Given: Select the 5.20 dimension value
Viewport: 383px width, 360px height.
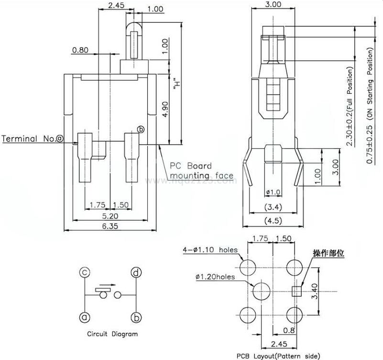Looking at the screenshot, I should pyautogui.click(x=109, y=216).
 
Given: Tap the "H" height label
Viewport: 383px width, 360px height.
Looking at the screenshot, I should pyautogui.click(x=178, y=84).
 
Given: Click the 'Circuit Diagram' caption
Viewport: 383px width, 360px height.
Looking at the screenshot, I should pyautogui.click(x=112, y=334).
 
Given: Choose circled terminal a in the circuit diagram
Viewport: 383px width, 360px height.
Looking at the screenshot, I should pyautogui.click(x=85, y=317).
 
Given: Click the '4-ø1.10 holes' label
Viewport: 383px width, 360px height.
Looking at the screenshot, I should pyautogui.click(x=210, y=250).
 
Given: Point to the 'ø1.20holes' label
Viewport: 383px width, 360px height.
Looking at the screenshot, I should pyautogui.click(x=216, y=277).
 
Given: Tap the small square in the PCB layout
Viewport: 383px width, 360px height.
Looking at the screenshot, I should pyautogui.click(x=295, y=290).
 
